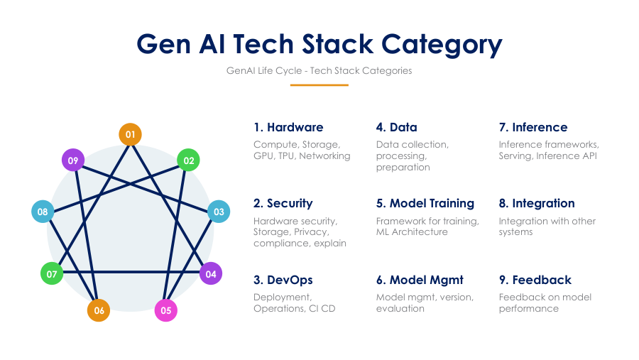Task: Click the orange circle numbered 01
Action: (x=130, y=134)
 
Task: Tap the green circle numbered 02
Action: (x=188, y=160)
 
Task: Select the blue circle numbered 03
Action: (x=219, y=212)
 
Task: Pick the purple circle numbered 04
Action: (x=211, y=273)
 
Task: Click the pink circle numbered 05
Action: (x=166, y=310)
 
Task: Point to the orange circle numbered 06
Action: (x=99, y=310)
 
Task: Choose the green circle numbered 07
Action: (x=52, y=273)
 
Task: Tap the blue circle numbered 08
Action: (x=43, y=212)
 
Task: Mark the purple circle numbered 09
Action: (x=73, y=160)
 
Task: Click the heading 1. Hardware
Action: (x=288, y=127)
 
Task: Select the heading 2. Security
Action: (x=283, y=203)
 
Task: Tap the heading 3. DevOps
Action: (x=283, y=280)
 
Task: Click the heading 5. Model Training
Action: (x=425, y=203)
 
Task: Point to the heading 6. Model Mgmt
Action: (x=420, y=280)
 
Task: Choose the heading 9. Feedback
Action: (x=535, y=280)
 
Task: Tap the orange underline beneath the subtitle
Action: (x=319, y=85)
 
